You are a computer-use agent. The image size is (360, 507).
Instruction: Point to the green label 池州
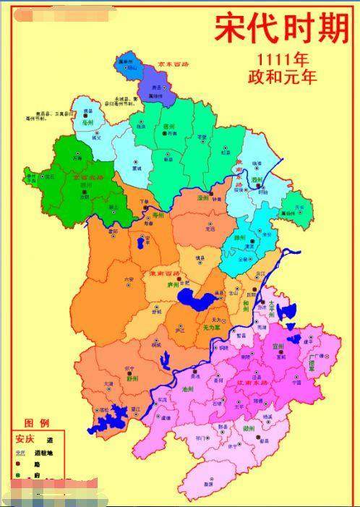pos(189,389)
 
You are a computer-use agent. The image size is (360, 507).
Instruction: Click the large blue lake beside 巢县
pos(192,299)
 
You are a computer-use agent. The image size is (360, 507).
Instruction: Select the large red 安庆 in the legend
pos(25,439)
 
